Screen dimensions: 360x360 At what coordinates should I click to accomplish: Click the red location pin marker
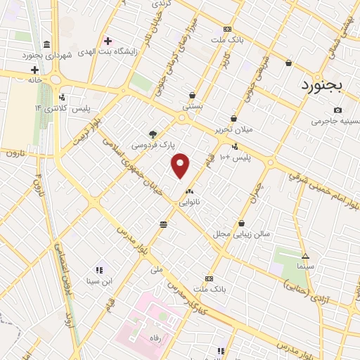tap(181, 165)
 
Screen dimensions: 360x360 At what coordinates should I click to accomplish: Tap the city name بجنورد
tap(321, 85)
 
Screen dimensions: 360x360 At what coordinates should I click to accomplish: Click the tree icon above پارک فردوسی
tap(153, 134)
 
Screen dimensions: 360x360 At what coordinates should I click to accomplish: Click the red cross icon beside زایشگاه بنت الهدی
tap(107, 40)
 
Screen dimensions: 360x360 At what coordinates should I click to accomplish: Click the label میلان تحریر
tap(233, 130)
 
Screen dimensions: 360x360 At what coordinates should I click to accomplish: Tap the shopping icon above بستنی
tap(192, 95)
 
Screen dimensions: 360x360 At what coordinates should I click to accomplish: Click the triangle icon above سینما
tap(304, 255)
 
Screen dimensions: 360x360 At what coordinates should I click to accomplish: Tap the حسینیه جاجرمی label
tap(335, 121)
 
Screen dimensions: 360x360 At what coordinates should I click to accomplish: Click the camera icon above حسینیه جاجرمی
tap(338, 110)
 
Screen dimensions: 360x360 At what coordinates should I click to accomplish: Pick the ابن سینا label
tap(98, 282)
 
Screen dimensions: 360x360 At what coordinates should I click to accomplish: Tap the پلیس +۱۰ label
tap(234, 157)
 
